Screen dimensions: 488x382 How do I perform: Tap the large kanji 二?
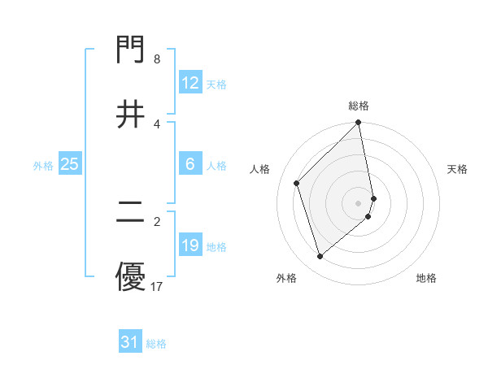click(131, 213)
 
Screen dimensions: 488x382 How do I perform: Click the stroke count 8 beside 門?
click(157, 59)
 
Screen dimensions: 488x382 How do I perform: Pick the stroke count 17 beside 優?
click(157, 286)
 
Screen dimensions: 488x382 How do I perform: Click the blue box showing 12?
click(190, 83)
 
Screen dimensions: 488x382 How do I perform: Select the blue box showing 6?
click(190, 164)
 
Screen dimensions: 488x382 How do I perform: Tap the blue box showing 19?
click(190, 245)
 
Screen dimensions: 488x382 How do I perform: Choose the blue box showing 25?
click(70, 164)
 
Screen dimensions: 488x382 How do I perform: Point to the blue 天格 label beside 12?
click(216, 84)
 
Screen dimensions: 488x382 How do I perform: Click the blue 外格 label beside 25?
click(43, 165)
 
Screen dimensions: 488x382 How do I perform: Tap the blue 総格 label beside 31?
click(156, 343)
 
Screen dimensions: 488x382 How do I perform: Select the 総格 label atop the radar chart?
click(359, 106)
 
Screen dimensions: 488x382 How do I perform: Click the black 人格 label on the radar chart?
click(260, 169)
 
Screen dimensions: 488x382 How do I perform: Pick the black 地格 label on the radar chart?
click(426, 278)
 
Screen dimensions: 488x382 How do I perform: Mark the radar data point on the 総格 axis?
click(359, 124)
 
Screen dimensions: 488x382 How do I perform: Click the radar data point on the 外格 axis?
click(320, 256)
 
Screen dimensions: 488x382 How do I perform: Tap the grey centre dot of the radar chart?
click(359, 202)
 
